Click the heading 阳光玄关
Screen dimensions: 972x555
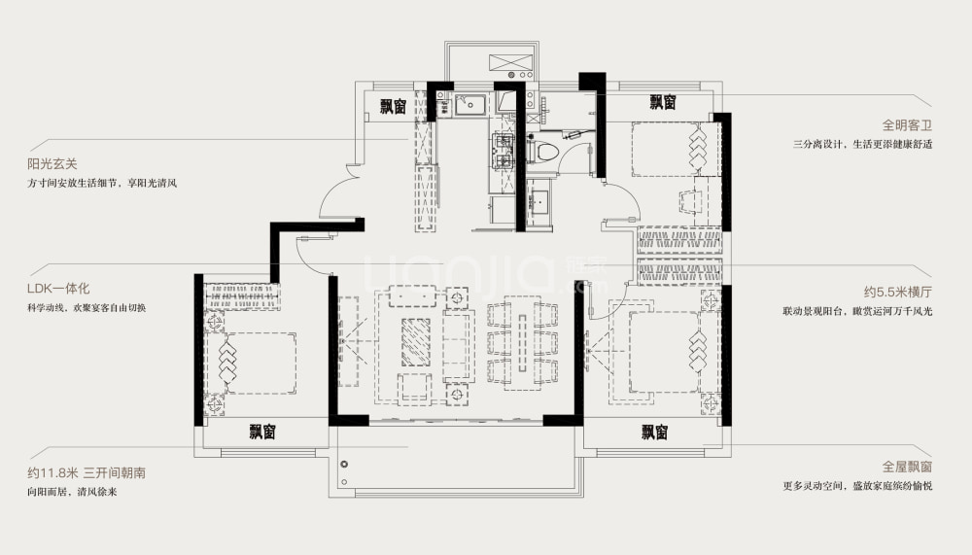pyautogui.click(x=52, y=164)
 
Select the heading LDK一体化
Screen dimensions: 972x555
pyautogui.click(x=58, y=289)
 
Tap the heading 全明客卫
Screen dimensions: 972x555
pyautogui.click(x=907, y=125)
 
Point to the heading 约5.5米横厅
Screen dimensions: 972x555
pyautogui.click(x=898, y=292)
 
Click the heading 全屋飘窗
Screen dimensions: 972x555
pyautogui.click(x=907, y=467)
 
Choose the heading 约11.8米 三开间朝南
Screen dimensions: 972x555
pyautogui.click(x=87, y=472)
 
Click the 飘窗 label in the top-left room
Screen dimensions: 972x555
pyautogui.click(x=393, y=107)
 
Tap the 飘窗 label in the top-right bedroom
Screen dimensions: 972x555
pyautogui.click(x=663, y=102)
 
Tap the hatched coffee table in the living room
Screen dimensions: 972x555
pyautogui.click(x=415, y=342)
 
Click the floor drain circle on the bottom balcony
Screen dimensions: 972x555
pyautogui.click(x=344, y=464)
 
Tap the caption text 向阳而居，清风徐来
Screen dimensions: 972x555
pyautogui.click(x=73, y=492)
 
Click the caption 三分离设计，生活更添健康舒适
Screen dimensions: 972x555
pyautogui.click(x=863, y=145)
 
